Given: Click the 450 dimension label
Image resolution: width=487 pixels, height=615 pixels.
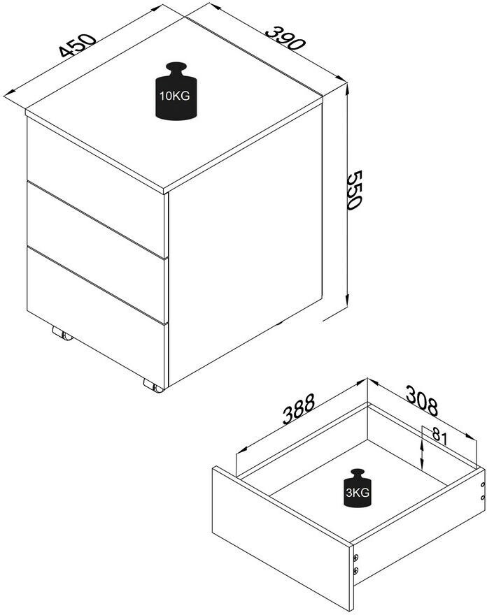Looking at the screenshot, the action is pos(78,45).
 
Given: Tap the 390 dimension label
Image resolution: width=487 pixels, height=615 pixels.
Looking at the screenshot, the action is pos(285,38).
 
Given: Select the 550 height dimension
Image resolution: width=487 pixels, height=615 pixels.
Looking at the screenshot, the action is pos(354,190).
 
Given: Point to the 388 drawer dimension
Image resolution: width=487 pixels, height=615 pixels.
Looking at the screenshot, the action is pos(299,409).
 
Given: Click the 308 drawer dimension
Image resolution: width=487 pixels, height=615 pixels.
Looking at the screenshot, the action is pos(421,400).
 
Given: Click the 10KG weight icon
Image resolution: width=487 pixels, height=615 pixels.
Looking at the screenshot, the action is pos(176,91).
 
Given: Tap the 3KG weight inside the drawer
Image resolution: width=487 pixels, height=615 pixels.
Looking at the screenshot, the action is pos(358,488).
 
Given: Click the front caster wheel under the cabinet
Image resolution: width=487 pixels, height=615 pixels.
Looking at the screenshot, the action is pos(153,386).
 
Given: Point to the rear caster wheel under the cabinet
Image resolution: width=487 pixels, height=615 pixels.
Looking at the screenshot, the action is pos(62,334).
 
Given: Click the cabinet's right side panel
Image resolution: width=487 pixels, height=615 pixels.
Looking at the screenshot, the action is pos(245,244).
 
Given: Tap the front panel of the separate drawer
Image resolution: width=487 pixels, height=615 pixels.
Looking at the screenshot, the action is pos(281,537).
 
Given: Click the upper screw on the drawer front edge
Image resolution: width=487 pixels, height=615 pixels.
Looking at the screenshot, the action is pos(355,558).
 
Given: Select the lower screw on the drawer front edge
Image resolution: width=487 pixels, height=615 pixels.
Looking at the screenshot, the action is pos(355,570).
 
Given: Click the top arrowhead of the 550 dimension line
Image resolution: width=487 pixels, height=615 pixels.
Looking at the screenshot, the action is pos(347,89).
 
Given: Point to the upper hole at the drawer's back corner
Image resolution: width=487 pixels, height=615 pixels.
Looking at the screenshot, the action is pos(483,486).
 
